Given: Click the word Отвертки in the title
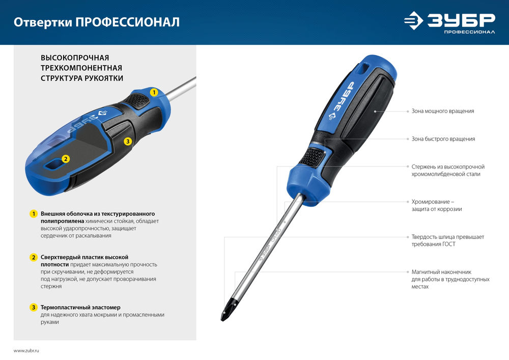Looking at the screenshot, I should pos(42,22).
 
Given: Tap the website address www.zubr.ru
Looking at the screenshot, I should pos(26,351).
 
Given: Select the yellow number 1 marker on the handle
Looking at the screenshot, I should pos(154,93).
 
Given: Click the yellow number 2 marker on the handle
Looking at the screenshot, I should pos(65,159).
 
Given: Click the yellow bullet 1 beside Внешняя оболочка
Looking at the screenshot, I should pos(34,214).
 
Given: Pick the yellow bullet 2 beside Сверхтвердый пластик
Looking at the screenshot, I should pos(34,257).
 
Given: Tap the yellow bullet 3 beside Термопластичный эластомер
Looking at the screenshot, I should pos(34,308).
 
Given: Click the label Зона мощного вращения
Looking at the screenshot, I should pos(443,110).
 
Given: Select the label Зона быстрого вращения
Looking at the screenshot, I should pos(443,139).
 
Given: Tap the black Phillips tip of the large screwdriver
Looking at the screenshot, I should pos(224,312).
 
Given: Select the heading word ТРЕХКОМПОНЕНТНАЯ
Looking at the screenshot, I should pos(81,68).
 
